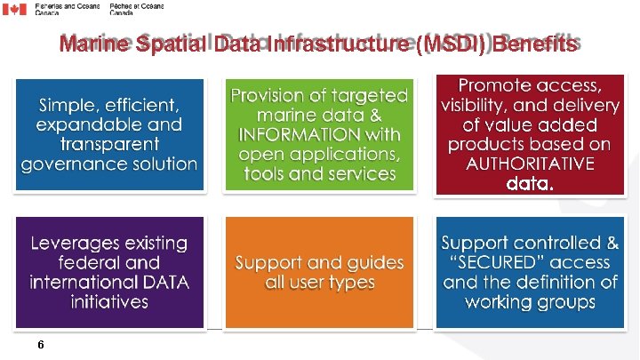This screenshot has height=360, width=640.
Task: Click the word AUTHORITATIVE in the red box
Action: pos(531,164)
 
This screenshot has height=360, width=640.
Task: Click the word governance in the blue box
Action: pos(63,164)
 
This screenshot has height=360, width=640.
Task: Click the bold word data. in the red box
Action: pos(530,185)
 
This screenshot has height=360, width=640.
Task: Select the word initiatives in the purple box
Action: pos(110,302)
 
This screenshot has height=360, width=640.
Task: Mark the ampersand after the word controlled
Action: pos(612,242)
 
